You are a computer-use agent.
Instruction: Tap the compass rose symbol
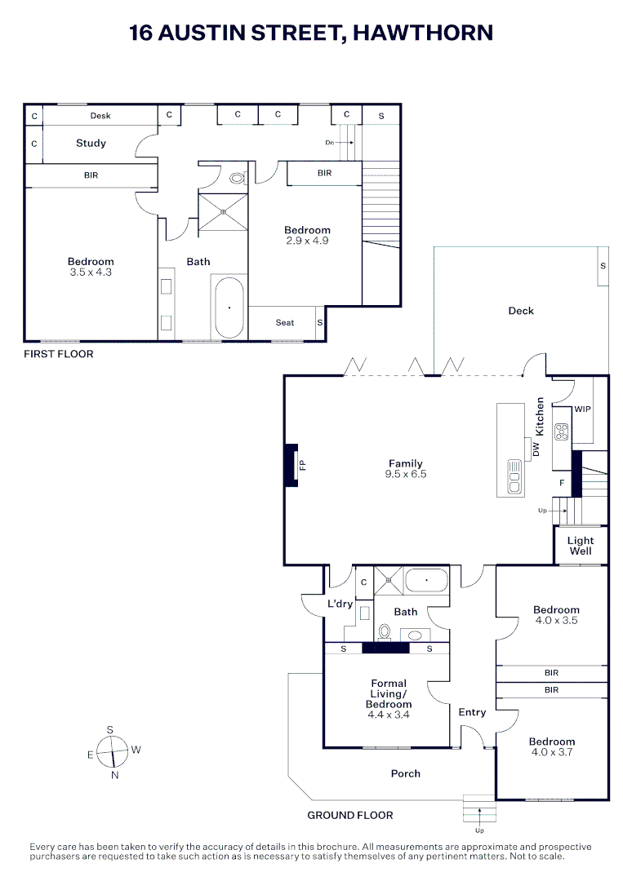(x=112, y=750)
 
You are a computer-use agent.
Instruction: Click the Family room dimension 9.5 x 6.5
(x=406, y=474)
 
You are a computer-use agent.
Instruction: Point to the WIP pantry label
(x=582, y=409)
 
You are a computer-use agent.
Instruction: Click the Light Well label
(x=581, y=546)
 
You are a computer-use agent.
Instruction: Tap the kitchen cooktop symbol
(x=561, y=432)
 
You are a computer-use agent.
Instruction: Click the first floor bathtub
(x=229, y=308)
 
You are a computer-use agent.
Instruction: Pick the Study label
(x=91, y=143)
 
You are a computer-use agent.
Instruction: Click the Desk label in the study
(x=100, y=116)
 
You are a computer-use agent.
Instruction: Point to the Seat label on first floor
(x=284, y=323)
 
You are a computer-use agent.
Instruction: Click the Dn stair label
(x=330, y=143)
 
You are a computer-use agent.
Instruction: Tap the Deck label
(x=521, y=311)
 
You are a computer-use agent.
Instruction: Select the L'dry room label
(x=340, y=604)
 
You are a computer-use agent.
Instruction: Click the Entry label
(x=472, y=712)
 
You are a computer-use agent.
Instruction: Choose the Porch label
(x=406, y=773)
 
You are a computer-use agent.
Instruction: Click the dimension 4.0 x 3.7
(x=551, y=752)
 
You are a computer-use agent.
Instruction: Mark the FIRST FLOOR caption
(x=58, y=354)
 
